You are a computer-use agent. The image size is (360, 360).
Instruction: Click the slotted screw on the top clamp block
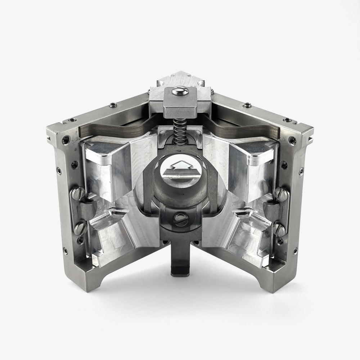[180, 91]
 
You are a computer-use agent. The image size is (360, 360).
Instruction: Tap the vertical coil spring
[180, 131]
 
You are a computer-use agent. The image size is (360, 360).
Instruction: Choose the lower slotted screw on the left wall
[80, 228]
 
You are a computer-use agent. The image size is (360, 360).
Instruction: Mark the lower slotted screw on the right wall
[279, 229]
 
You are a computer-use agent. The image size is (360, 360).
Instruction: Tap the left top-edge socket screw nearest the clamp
[113, 105]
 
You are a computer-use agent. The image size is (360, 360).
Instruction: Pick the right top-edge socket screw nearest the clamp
[247, 105]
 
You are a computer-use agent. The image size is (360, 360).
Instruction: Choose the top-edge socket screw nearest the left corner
[72, 120]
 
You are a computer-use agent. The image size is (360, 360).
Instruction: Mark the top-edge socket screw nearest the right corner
[288, 120]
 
